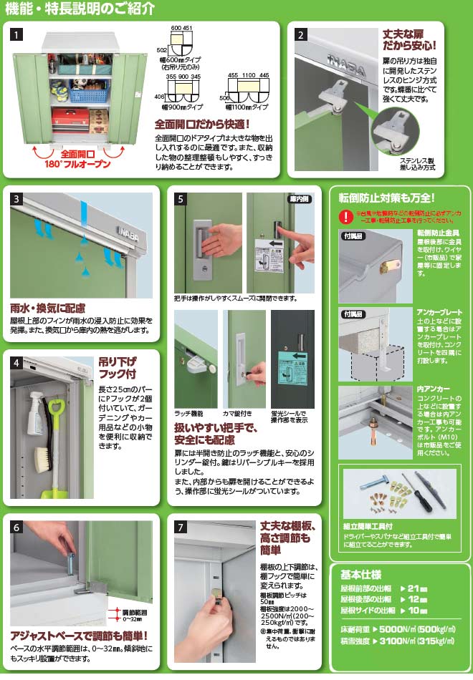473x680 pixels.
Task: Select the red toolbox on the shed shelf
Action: (x=70, y=116)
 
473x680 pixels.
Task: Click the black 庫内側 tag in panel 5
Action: (x=298, y=199)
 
